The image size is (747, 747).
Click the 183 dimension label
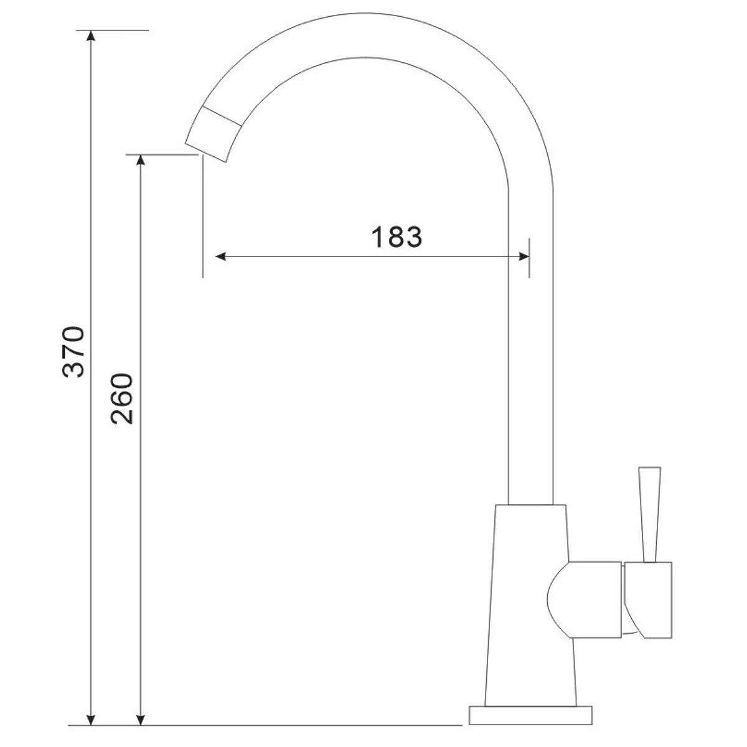click(x=397, y=237)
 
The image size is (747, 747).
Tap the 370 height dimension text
click(x=73, y=352)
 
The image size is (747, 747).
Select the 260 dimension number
click(x=122, y=399)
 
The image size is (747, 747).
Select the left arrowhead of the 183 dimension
click(x=221, y=256)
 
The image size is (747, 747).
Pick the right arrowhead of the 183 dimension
click(x=524, y=256)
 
